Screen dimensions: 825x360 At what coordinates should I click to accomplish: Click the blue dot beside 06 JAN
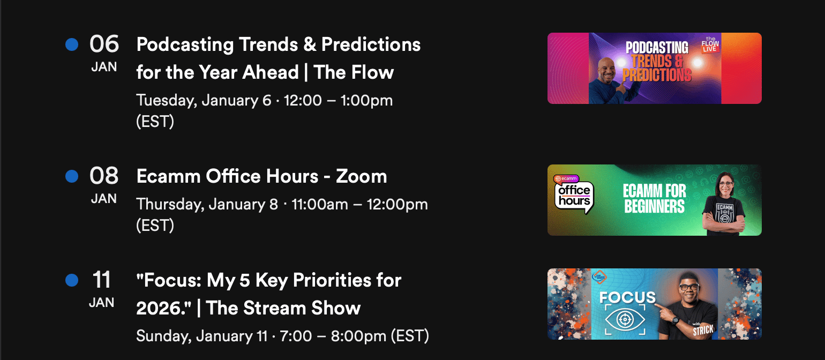(x=72, y=44)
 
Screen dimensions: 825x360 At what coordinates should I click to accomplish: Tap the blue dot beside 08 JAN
(x=72, y=176)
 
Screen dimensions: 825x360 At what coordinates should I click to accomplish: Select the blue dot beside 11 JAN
(x=72, y=280)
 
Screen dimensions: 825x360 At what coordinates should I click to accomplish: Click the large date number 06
(x=104, y=44)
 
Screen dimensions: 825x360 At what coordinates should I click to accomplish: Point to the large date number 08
(x=104, y=176)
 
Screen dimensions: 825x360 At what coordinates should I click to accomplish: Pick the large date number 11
(x=101, y=280)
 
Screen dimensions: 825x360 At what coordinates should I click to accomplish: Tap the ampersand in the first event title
(x=310, y=44)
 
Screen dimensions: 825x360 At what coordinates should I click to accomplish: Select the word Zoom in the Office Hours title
(x=361, y=176)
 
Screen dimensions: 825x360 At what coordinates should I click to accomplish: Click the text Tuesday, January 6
(x=204, y=101)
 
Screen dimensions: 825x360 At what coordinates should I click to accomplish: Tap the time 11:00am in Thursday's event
(x=320, y=204)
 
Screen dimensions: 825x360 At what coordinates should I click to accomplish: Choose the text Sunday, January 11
(x=202, y=336)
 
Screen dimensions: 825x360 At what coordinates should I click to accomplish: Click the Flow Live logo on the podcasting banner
(x=710, y=44)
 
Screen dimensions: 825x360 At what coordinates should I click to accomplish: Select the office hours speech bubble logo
(x=574, y=194)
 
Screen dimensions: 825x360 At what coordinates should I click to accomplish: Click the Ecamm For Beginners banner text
(x=655, y=199)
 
